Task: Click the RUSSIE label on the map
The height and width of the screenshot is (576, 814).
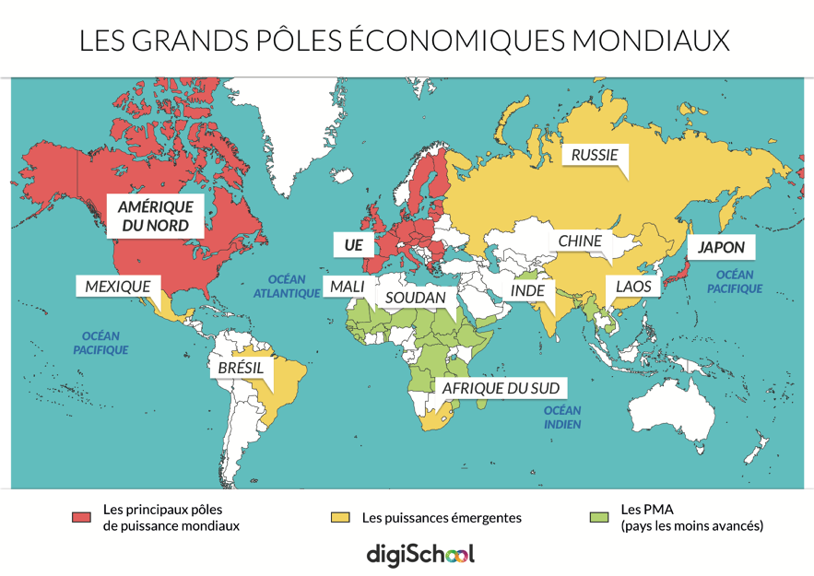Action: click(x=595, y=155)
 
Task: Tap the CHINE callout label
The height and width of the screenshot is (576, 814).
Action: click(x=580, y=241)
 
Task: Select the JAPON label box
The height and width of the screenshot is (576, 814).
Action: click(x=721, y=247)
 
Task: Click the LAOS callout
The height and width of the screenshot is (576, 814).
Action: click(x=633, y=286)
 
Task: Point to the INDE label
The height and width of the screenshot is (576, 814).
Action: click(x=527, y=291)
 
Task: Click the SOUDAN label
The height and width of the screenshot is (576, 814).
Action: click(x=415, y=298)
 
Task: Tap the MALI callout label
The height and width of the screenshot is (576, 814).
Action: click(x=347, y=287)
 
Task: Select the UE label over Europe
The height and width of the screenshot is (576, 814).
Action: click(x=353, y=245)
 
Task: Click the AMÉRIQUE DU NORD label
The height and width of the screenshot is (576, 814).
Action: click(x=155, y=216)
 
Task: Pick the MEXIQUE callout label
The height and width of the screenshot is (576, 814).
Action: click(x=117, y=286)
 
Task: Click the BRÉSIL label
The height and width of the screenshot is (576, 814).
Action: click(x=241, y=368)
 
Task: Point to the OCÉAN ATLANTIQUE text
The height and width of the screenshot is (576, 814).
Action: click(x=287, y=286)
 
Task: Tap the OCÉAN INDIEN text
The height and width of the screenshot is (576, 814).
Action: click(x=562, y=417)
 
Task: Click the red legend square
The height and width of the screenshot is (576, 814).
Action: click(x=81, y=517)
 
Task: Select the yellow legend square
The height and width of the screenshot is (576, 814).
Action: click(x=339, y=517)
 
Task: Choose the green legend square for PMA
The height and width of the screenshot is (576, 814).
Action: click(x=598, y=517)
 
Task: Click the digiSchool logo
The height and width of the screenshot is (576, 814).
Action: click(x=419, y=554)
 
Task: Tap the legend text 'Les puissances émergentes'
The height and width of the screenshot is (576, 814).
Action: click(x=442, y=518)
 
